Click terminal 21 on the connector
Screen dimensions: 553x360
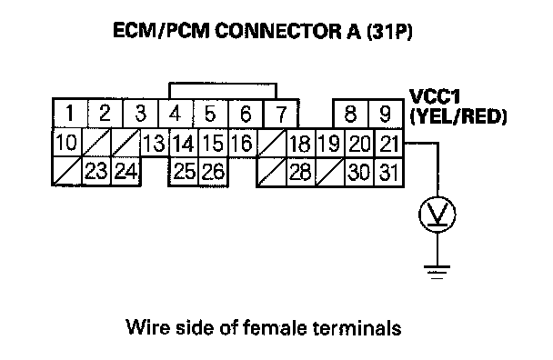[388, 143]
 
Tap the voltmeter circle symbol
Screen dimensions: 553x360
[437, 215]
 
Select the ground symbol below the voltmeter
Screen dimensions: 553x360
[437, 272]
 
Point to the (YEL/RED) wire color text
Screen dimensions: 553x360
[458, 116]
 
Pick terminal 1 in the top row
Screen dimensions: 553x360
[70, 114]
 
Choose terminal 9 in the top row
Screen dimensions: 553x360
[386, 114]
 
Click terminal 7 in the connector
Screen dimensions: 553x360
[281, 114]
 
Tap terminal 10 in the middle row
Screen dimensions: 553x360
[66, 143]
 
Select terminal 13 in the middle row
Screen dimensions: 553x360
[155, 143]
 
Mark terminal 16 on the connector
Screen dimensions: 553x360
[242, 143]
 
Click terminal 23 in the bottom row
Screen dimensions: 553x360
[96, 171]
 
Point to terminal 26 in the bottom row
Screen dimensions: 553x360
[213, 171]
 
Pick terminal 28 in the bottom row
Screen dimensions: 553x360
[300, 172]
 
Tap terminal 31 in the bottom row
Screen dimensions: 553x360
[388, 172]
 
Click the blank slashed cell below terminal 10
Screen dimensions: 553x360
[67, 171]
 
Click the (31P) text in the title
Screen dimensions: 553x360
[389, 31]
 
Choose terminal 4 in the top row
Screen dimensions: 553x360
[176, 114]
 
